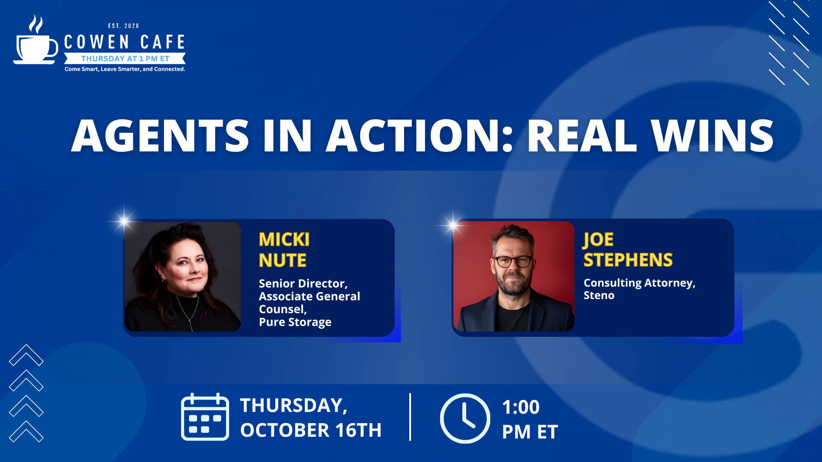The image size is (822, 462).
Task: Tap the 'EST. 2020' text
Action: coord(124,26)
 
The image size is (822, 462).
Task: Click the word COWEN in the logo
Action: coord(97,42)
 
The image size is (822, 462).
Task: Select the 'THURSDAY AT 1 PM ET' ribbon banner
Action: coord(125,59)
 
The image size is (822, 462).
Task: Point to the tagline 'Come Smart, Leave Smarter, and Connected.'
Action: coord(125,69)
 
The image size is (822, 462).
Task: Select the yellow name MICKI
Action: coord(284,240)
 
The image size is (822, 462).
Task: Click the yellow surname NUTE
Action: coord(283,261)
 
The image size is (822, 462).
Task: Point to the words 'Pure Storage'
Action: coord(295,322)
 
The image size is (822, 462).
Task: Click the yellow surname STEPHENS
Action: coord(628,260)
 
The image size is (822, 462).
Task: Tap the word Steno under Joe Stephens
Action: coord(599,295)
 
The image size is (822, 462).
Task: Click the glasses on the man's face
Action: coord(513,261)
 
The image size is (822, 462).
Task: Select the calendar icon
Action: coord(205,417)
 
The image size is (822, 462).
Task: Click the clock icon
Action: coord(465,418)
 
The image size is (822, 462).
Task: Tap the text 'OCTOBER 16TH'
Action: coord(311,430)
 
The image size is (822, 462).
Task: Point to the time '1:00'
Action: coord(521,407)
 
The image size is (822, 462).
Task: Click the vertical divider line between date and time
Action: coord(410,417)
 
